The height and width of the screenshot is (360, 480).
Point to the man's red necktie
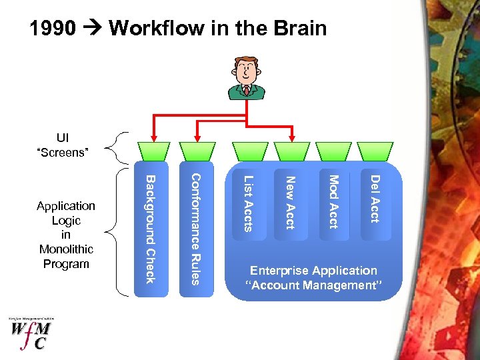(x=246, y=89)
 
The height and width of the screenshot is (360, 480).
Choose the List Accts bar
(x=247, y=203)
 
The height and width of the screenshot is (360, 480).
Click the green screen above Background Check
(x=152, y=151)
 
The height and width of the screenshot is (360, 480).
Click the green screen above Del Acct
(x=375, y=151)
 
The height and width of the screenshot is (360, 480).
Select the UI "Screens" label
(x=63, y=145)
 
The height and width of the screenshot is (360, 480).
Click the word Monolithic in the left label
(x=66, y=249)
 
